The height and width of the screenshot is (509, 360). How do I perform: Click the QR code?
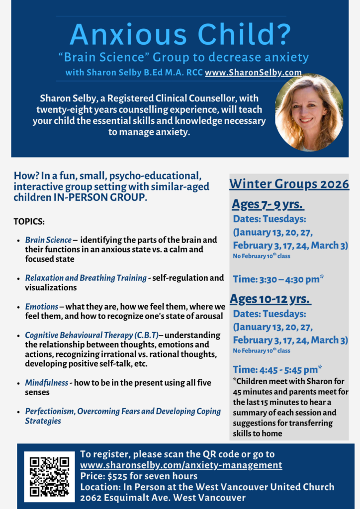pyautogui.click(x=49, y=476)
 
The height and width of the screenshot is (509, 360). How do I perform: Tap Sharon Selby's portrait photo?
pyautogui.click(x=309, y=113)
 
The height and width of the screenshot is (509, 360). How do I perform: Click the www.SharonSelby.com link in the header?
pyautogui.click(x=253, y=73)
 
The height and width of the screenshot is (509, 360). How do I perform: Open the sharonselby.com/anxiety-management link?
pyautogui.click(x=181, y=465)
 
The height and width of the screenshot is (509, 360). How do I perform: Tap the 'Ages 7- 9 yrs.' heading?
pyautogui.click(x=268, y=205)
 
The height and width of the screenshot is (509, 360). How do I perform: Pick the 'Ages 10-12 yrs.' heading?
pyautogui.click(x=270, y=299)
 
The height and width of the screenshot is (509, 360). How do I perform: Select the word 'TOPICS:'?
pyautogui.click(x=29, y=221)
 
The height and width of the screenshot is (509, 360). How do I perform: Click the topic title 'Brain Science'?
pyautogui.click(x=48, y=240)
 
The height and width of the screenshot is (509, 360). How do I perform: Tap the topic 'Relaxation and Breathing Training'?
pyautogui.click(x=86, y=278)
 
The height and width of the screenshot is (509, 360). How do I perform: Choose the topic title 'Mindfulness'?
pyautogui.click(x=47, y=383)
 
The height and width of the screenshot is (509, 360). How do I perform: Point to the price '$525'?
pyautogui.click(x=117, y=476)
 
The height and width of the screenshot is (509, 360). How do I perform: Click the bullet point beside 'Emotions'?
pyautogui.click(x=18, y=307)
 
